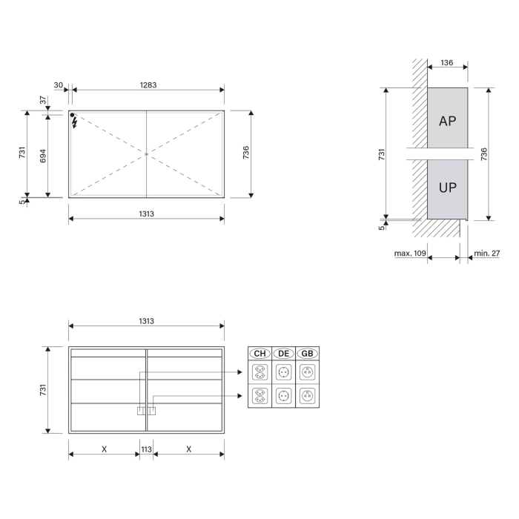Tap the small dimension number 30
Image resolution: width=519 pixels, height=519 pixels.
click(58, 85)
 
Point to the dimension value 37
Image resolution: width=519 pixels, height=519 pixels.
click(44, 99)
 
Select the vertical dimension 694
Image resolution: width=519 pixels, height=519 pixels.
click(43, 155)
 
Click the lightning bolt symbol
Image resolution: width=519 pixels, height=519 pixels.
click(74, 123)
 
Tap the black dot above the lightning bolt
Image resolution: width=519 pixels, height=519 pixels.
click(73, 115)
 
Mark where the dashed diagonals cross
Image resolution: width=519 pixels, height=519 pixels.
click(146, 153)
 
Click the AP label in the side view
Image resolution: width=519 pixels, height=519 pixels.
click(447, 121)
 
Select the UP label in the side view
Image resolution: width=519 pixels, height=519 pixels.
click(447, 188)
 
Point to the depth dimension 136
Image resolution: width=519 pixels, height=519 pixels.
click(447, 63)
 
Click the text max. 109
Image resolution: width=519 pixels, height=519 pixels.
click(409, 254)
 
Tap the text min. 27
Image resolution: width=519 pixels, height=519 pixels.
click(487, 254)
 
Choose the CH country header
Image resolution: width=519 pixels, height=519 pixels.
click(259, 354)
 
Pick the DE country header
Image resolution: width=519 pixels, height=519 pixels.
click(284, 354)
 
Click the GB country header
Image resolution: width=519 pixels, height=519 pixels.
click(308, 354)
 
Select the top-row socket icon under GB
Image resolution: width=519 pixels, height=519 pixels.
click(308, 372)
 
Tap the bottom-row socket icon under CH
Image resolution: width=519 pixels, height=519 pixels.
click(259, 396)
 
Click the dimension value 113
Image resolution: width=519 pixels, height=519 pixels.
click(146, 449)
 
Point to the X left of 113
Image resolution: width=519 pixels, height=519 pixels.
click(104, 449)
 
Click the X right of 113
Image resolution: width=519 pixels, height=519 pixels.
click(189, 449)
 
